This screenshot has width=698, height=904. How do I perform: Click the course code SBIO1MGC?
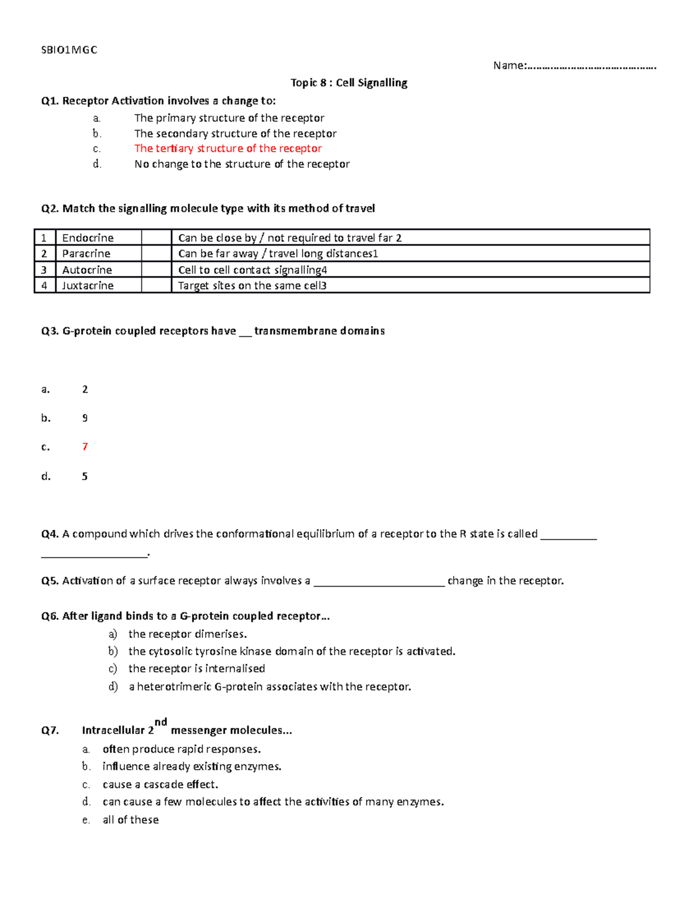[x=69, y=50]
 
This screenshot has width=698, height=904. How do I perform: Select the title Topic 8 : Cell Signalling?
[x=348, y=83]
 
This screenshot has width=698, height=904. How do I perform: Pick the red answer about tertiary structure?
[x=227, y=148]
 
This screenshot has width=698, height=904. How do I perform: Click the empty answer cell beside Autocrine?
[x=156, y=270]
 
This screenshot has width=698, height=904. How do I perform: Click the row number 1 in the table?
[x=44, y=237]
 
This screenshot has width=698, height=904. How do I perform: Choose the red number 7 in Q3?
[x=85, y=446]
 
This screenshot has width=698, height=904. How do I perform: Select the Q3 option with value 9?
[x=85, y=418]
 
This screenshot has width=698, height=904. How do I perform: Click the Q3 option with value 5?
[x=85, y=476]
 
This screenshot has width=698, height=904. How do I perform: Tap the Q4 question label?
[x=50, y=534]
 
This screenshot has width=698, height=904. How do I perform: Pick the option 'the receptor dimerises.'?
[x=187, y=634]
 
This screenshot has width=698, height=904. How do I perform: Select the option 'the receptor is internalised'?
[x=197, y=668]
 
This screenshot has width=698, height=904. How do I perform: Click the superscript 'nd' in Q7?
[x=161, y=722]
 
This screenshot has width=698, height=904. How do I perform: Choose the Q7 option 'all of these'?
[x=130, y=820]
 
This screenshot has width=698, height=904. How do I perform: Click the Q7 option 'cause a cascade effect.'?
[x=160, y=784]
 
